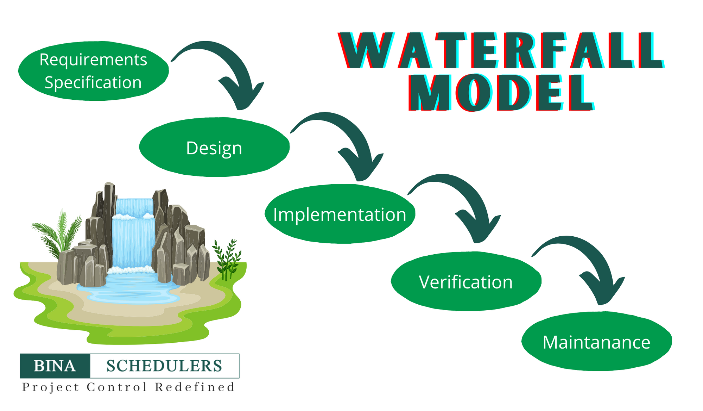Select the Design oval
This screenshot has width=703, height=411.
tap(214, 147)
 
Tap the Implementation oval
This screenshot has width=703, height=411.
tap(340, 214)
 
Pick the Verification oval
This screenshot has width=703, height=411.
tap(465, 282)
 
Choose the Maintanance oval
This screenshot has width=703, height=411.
tap(596, 342)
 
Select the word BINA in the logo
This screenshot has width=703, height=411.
tap(55, 366)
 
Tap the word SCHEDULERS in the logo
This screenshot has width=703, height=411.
tap(164, 366)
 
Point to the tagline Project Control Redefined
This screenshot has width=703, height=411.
tap(128, 387)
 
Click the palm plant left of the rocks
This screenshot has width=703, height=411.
tap(58, 232)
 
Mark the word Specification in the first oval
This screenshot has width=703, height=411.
tap(93, 82)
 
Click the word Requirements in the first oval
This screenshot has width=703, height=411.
tap(93, 60)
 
